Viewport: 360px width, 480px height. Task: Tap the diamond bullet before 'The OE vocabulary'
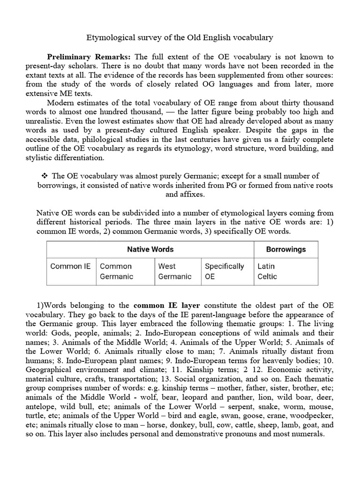(45, 176)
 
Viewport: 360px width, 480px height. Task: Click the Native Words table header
(150, 249)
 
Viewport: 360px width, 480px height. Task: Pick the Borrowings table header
(285, 249)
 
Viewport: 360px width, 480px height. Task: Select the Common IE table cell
(71, 266)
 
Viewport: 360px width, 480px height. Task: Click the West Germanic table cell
(174, 271)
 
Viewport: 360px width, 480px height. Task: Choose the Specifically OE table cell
(224, 271)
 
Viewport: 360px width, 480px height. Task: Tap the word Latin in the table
(266, 266)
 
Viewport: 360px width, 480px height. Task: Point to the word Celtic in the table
(267, 277)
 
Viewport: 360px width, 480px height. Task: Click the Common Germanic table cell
(116, 271)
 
